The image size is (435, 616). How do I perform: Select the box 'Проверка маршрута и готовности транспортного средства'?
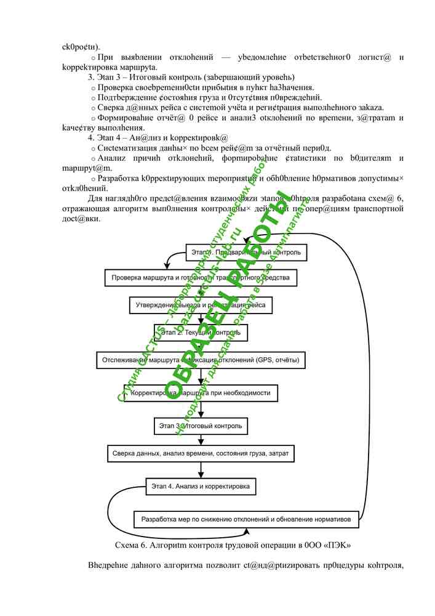201,278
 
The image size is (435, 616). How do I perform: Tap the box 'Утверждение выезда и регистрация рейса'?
200,305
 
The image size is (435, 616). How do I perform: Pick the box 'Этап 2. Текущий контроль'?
200,332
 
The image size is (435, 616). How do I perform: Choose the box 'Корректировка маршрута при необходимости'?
200,392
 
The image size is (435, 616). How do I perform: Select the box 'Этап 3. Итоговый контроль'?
200,426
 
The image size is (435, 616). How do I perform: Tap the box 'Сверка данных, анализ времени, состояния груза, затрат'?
201,453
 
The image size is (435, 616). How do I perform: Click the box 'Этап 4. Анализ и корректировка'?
201,487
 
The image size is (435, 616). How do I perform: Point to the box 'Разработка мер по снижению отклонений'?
246,519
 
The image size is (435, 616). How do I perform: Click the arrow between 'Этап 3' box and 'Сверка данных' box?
201,439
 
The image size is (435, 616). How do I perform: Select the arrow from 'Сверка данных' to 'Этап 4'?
201,469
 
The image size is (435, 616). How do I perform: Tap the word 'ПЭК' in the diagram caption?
340,545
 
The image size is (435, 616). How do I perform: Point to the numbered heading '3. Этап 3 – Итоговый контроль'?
191,77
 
